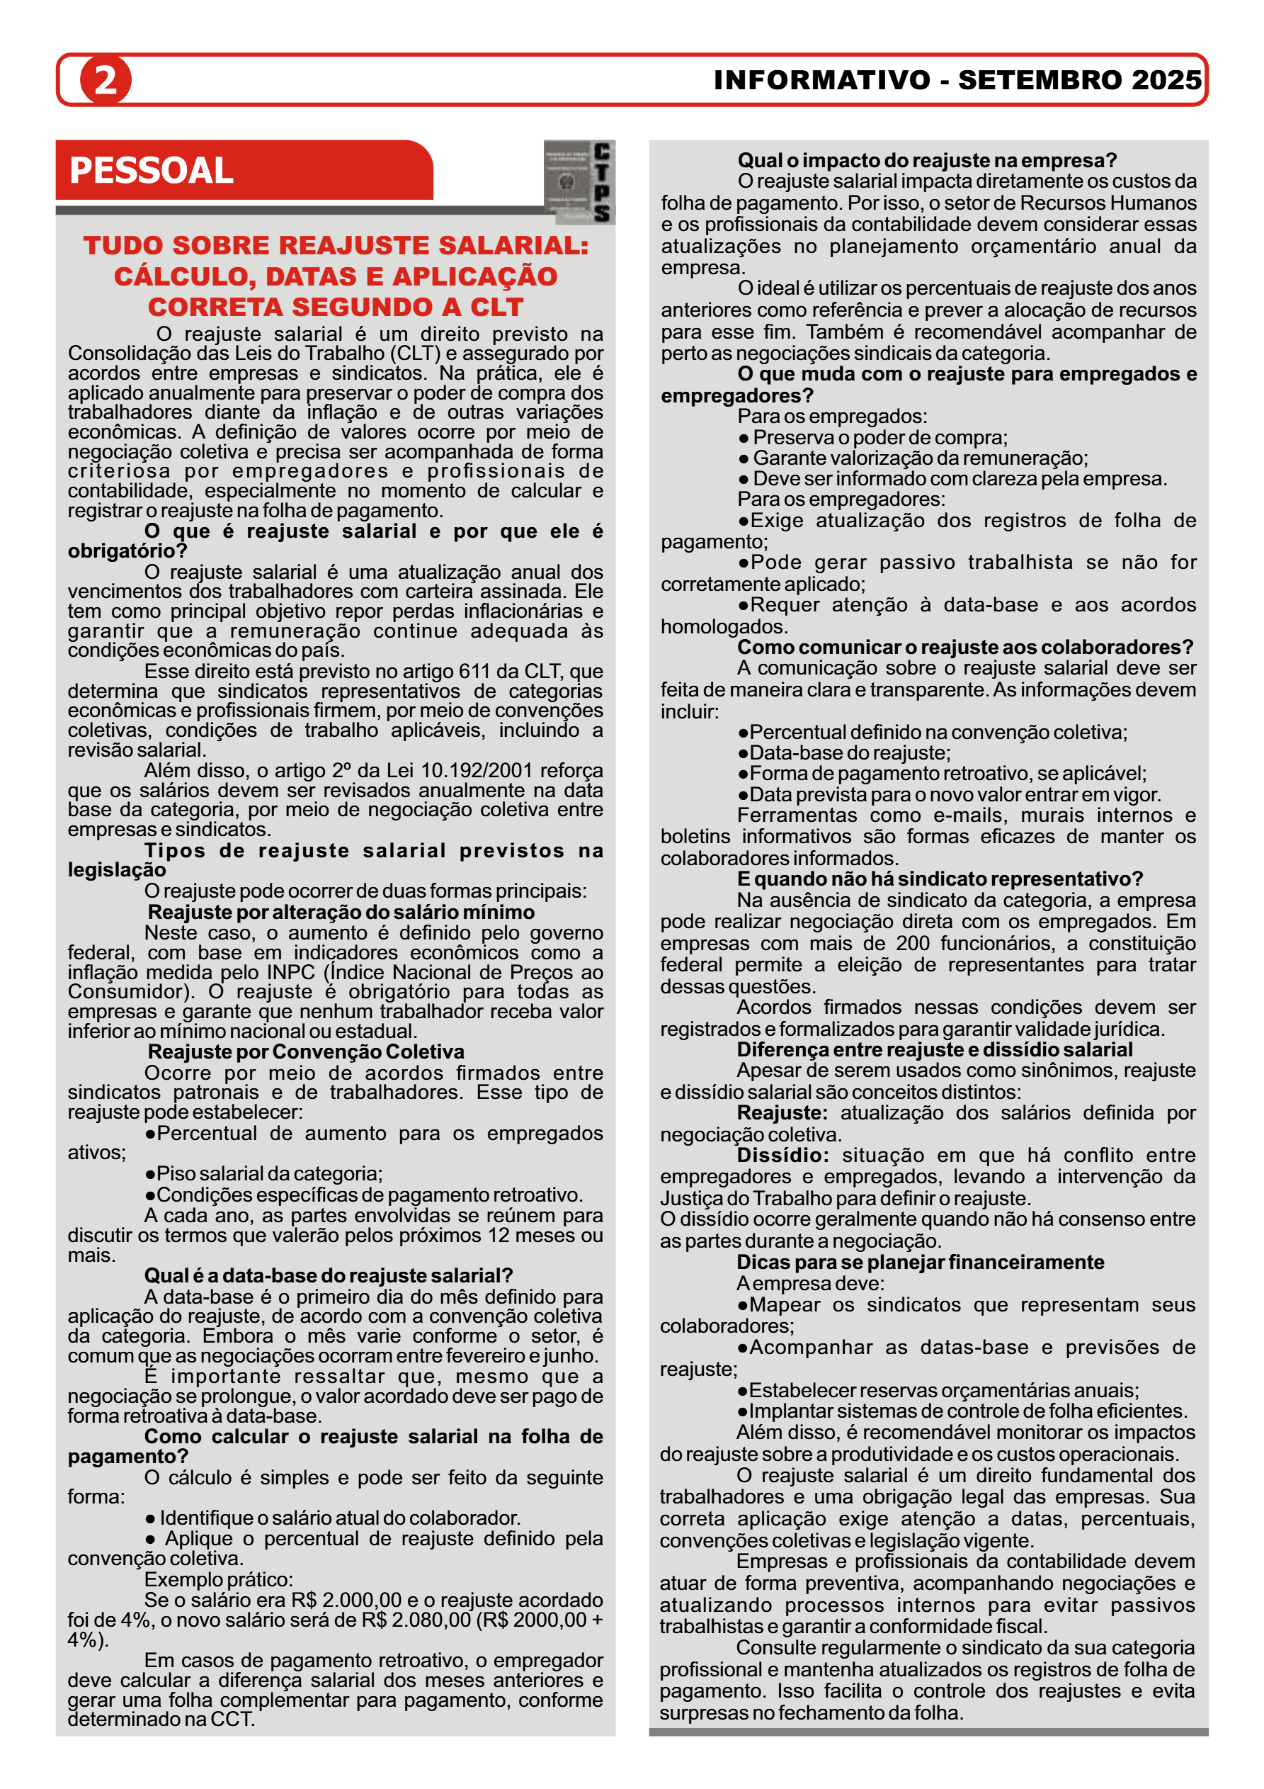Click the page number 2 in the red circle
pyautogui.click(x=105, y=80)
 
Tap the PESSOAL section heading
pyautogui.click(x=151, y=171)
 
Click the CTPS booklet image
pyautogui.click(x=578, y=182)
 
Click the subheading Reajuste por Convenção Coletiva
pyautogui.click(x=306, y=1051)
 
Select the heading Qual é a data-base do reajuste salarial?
pyautogui.click(x=328, y=1275)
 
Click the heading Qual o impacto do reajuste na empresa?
pyautogui.click(x=927, y=161)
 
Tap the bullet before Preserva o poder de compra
pyautogui.click(x=744, y=438)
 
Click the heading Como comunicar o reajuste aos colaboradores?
pyautogui.click(x=965, y=647)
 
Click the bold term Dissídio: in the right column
pyautogui.click(x=782, y=1155)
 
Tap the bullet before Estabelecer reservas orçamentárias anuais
pyautogui.click(x=743, y=1391)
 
